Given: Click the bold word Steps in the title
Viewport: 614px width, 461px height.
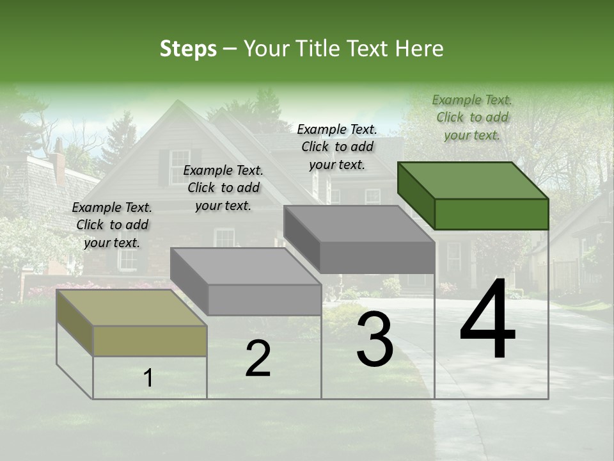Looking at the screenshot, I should pos(188,49).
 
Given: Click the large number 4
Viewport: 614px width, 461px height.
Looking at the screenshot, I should pos(487,320).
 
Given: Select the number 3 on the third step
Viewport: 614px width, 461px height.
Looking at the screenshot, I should pos(375,341).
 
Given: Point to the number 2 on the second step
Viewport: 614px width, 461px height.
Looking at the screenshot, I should pos(258,359).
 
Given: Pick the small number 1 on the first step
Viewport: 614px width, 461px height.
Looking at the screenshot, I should pos(148,378).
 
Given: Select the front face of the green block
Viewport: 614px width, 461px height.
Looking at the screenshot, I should pos(491,214).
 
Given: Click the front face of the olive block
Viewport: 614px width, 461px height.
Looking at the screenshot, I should pos(150,341).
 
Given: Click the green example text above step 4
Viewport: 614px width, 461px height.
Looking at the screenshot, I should pos(472,118).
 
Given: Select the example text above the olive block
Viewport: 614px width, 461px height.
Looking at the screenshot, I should pos(112,225).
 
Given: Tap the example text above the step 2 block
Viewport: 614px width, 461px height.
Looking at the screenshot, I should pos(223,188).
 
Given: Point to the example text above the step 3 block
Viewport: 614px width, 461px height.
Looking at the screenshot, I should pos(337,147).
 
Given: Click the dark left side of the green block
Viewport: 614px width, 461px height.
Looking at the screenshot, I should pos(416,195).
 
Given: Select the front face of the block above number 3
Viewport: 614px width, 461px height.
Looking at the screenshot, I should pos(377,257).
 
